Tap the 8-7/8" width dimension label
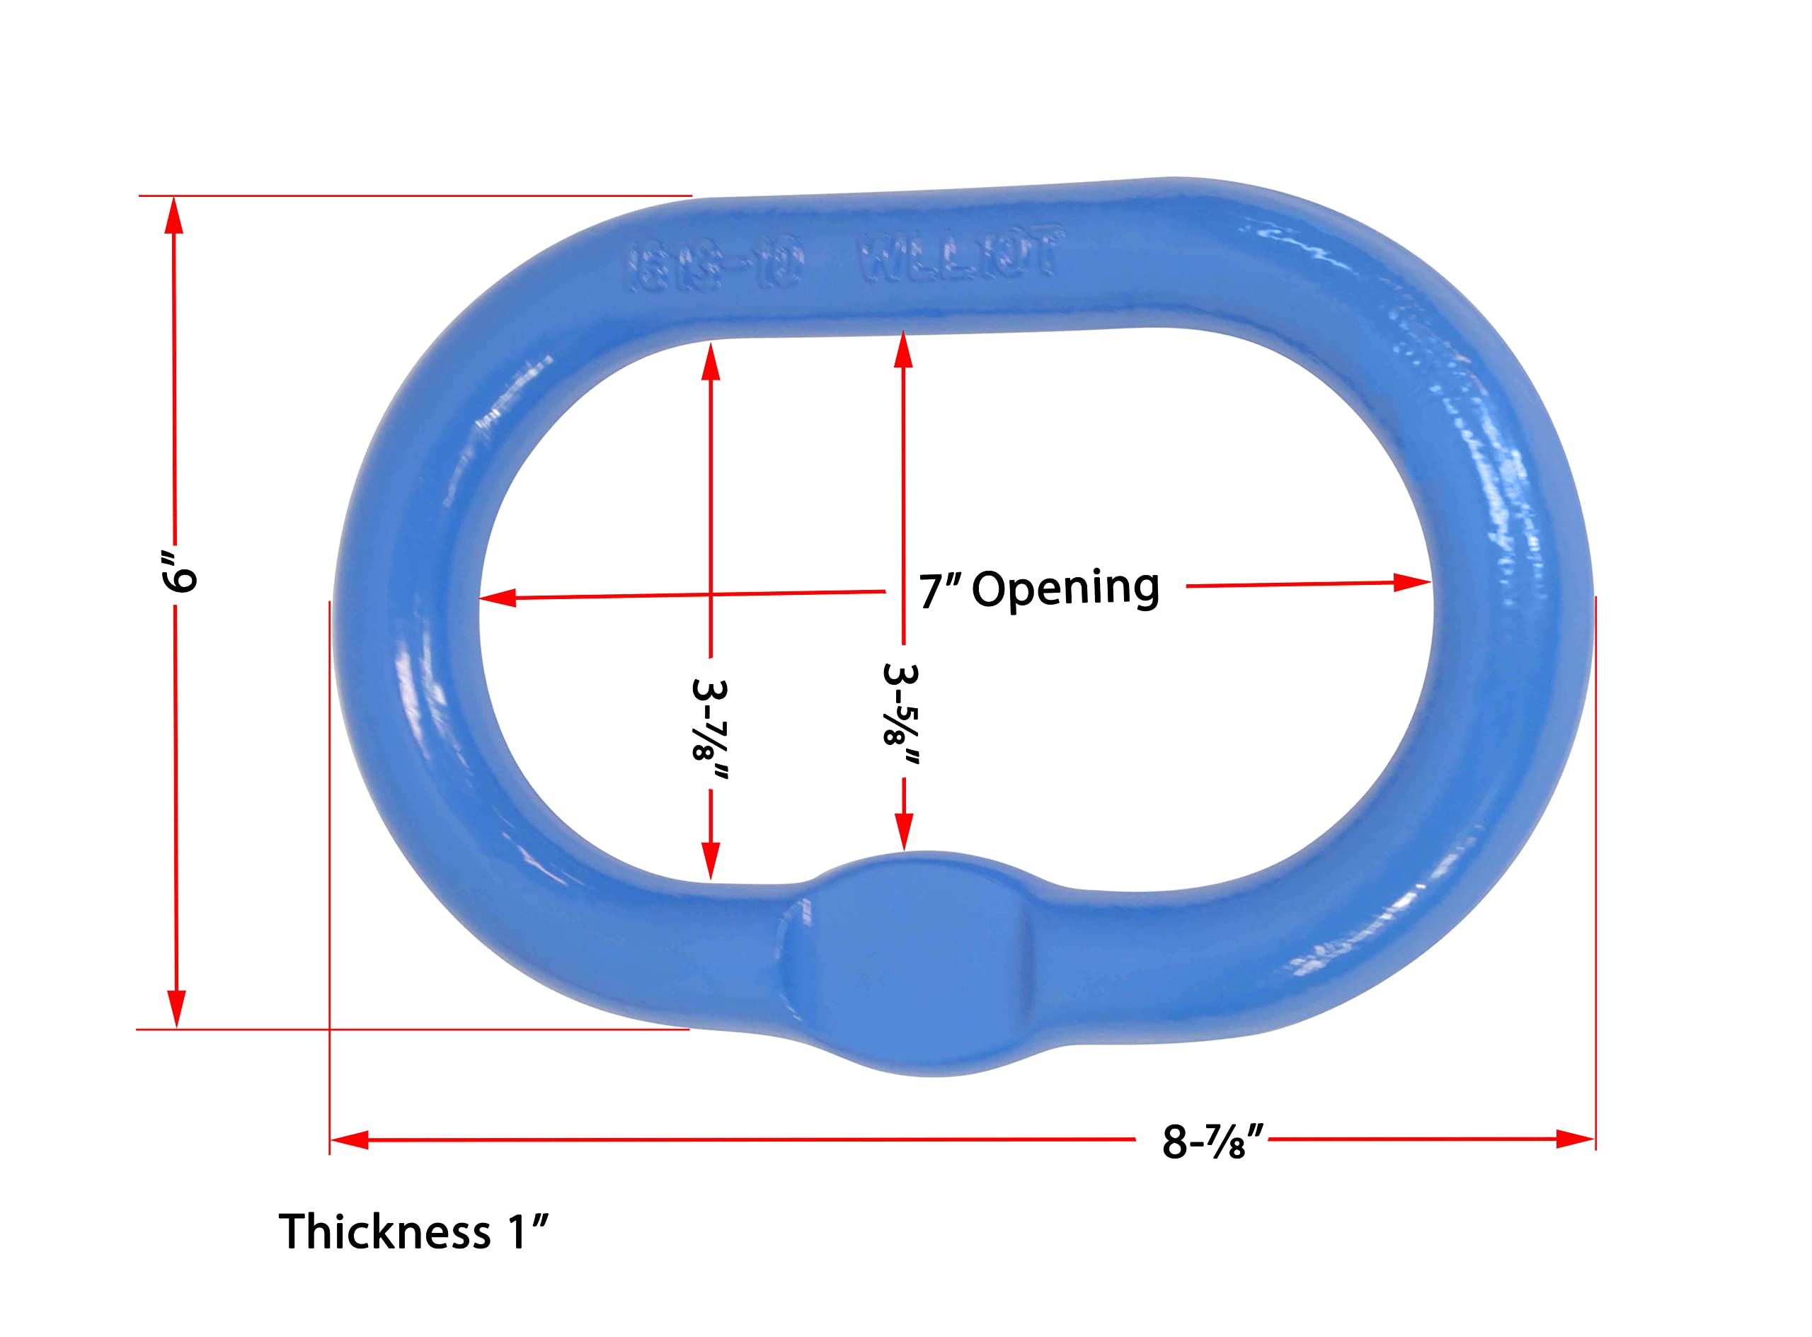[x=1212, y=1141]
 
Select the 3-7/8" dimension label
[x=710, y=730]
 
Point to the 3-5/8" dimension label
[x=902, y=714]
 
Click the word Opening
[x=1065, y=588]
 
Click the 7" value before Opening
[x=939, y=591]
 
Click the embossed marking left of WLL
[x=717, y=266]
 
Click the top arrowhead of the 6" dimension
[x=174, y=215]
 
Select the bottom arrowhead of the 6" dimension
[x=176, y=1008]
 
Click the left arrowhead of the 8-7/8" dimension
[x=350, y=1140]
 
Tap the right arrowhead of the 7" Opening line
[x=1411, y=583]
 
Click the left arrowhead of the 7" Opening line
[x=498, y=598]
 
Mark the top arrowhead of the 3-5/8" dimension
[x=904, y=350]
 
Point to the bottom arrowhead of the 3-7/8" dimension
[x=710, y=860]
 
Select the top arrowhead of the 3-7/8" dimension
[x=710, y=362]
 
